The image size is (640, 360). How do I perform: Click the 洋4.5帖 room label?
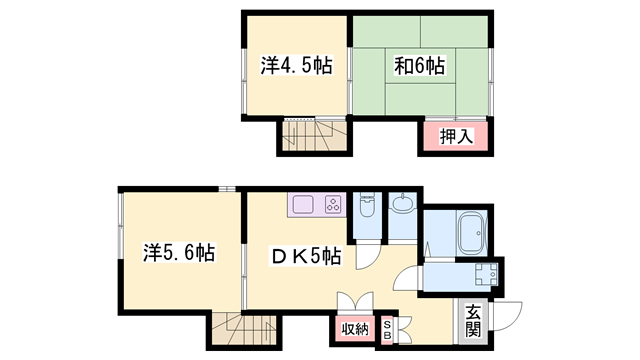coord(297,65)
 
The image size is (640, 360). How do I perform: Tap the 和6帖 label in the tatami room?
coord(419,66)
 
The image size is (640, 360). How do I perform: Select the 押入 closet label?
coord(456,136)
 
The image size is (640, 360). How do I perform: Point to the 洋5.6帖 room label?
coord(179,253)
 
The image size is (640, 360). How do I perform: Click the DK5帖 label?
coord(306,257)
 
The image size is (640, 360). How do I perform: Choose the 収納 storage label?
coord(355,329)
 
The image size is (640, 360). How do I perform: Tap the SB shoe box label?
coord(387,329)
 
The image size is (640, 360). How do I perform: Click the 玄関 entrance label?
coord(473,320)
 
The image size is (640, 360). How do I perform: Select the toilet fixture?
coord(367,204)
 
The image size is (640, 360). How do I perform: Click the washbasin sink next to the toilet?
coord(403,202)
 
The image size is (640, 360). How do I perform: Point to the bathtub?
coord(472,233)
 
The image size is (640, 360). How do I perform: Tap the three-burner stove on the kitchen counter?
coord(333,204)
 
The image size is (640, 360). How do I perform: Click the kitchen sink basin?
coord(303,204)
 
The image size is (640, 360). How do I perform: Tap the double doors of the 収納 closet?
coord(355,303)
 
